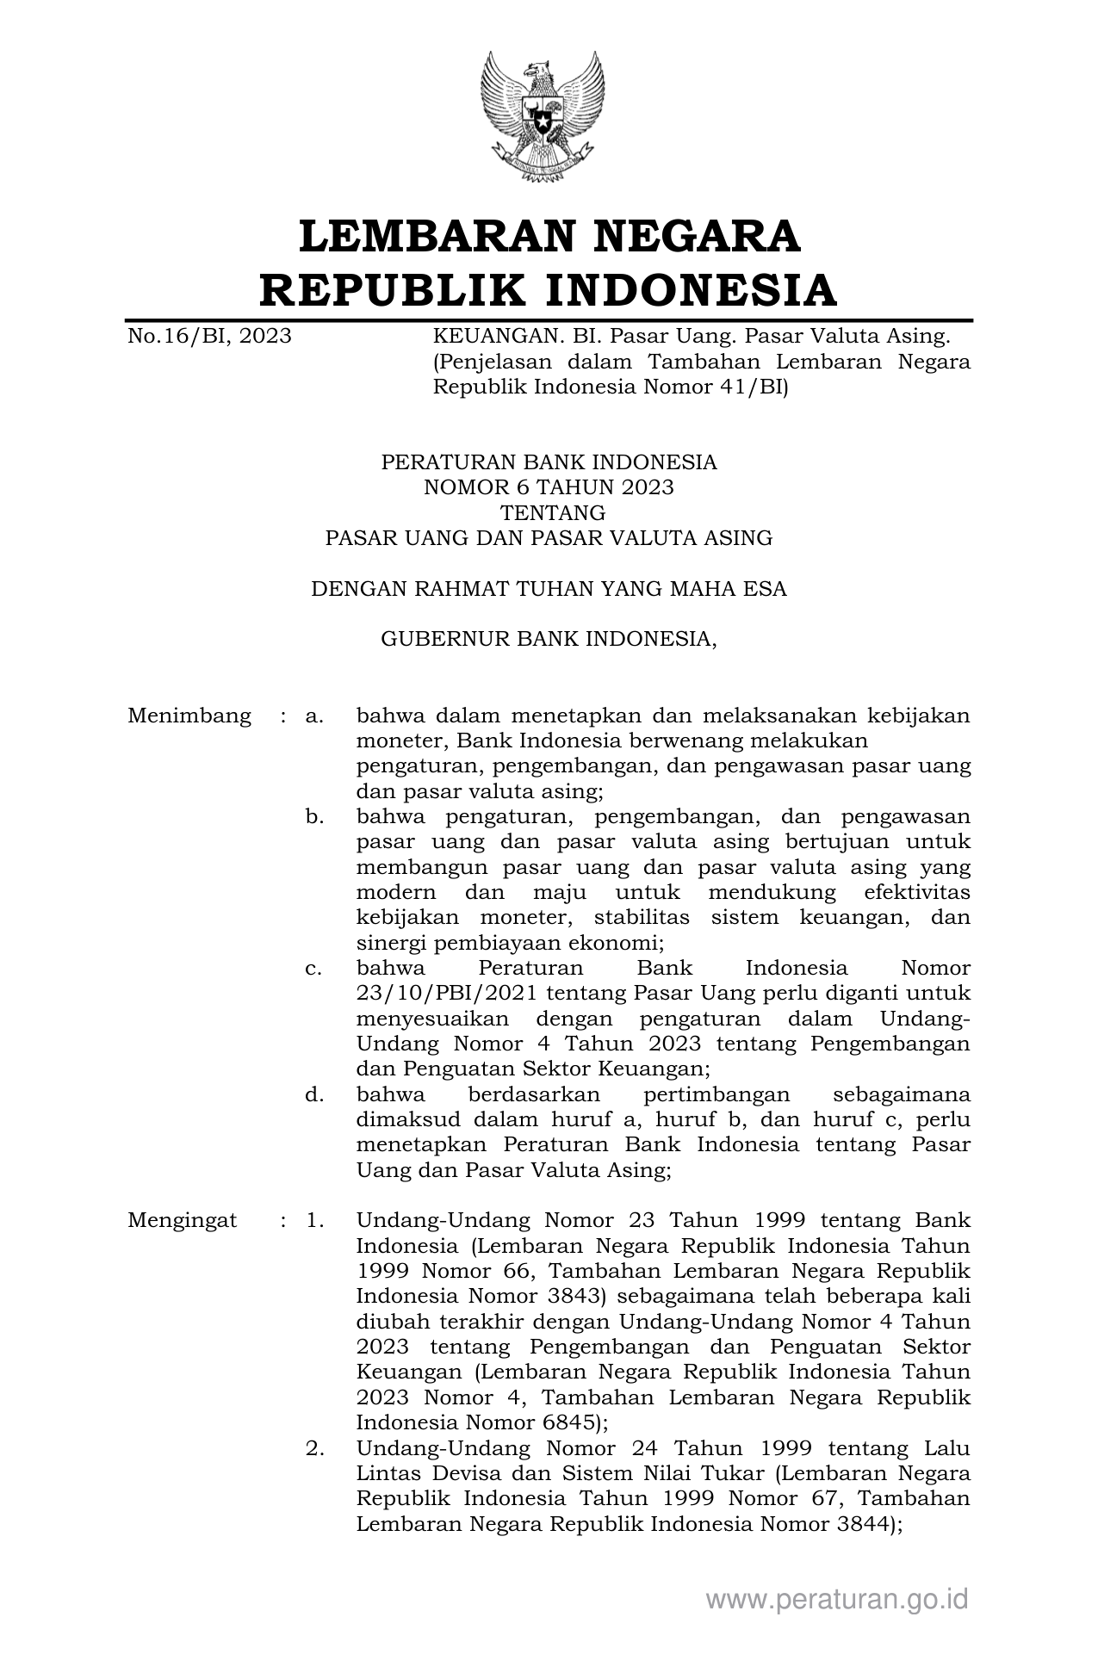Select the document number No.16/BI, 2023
coord(209,336)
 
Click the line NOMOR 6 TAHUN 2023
coord(549,488)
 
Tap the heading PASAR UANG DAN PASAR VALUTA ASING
coord(549,538)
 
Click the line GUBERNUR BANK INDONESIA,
coord(549,639)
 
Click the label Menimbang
coord(189,716)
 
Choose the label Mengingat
coord(182,1220)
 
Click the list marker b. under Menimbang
coord(314,816)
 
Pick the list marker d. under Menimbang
coord(314,1094)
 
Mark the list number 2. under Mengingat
coord(314,1448)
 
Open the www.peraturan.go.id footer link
coord(837,1599)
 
